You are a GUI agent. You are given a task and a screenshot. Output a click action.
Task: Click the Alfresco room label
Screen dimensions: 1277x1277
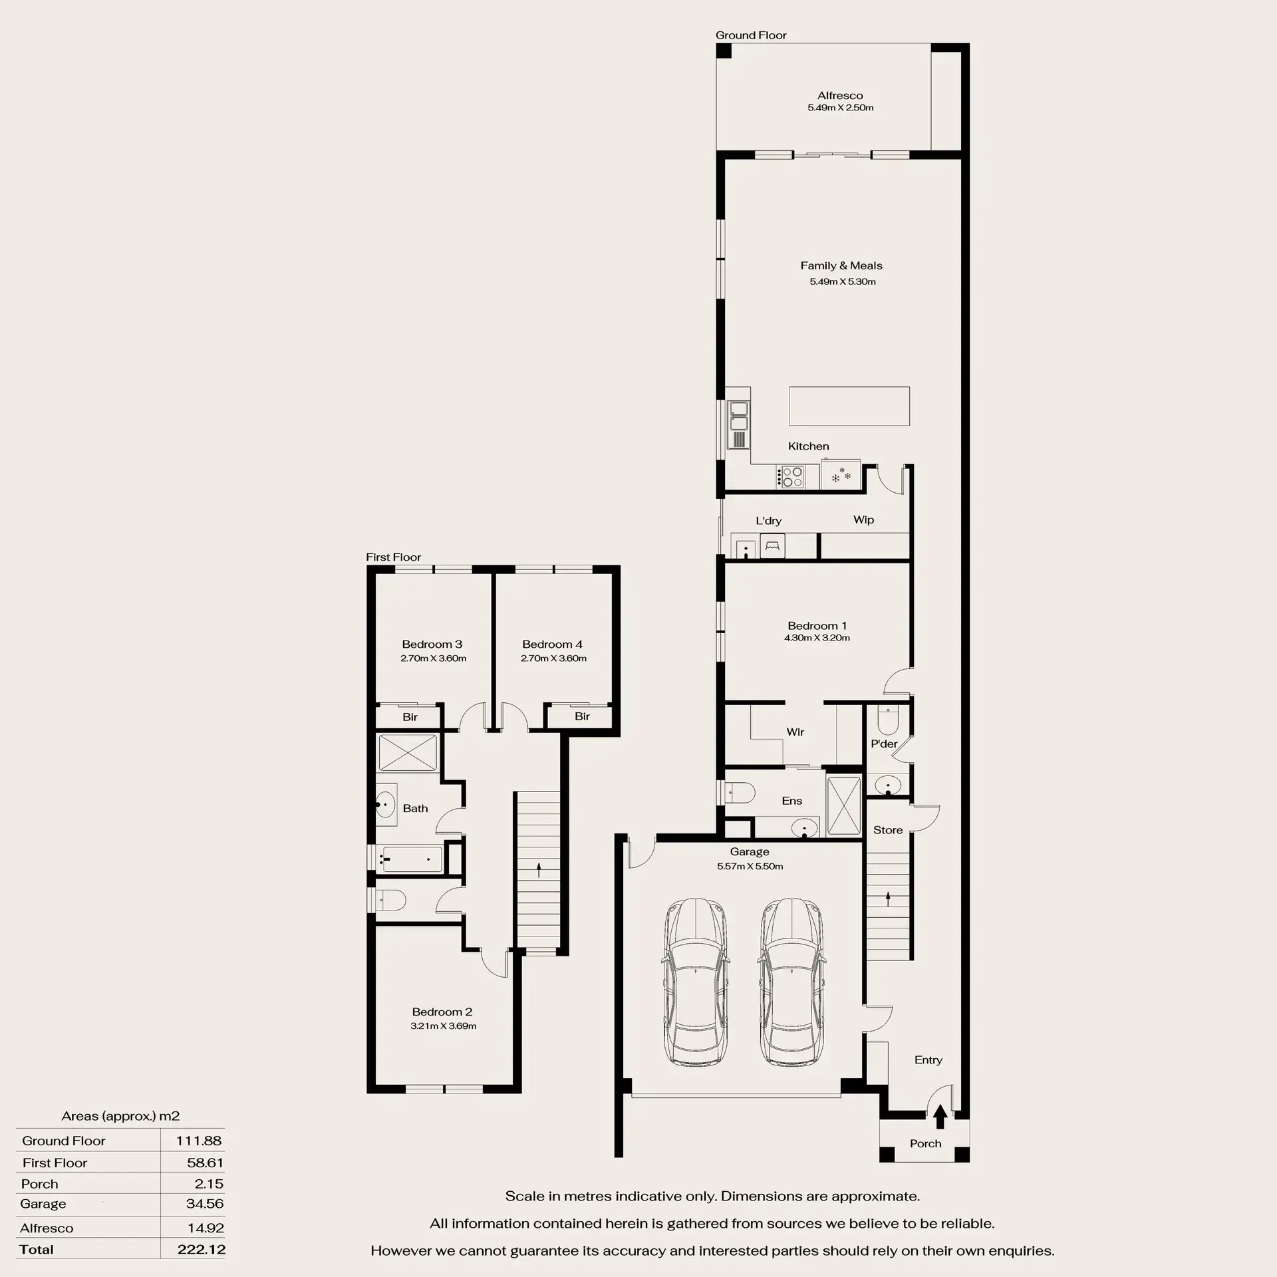click(840, 95)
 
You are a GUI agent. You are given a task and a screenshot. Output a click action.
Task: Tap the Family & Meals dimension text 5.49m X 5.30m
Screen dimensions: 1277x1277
click(842, 281)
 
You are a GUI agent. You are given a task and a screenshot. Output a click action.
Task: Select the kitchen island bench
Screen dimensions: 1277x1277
click(849, 406)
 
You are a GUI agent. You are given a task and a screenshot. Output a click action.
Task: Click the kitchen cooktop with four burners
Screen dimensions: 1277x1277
click(791, 477)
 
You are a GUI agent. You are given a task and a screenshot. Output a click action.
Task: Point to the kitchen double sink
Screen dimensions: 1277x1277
click(738, 416)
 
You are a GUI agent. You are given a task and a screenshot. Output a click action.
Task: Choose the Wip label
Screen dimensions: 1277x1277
click(863, 519)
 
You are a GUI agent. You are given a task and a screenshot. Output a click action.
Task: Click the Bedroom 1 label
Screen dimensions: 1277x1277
click(817, 625)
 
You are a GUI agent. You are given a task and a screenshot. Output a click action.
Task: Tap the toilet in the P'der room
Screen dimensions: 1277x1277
click(888, 718)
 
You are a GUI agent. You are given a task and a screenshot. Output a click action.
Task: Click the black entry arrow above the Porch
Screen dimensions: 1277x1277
click(940, 1117)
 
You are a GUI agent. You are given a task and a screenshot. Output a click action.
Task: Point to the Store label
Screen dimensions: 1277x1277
click(888, 830)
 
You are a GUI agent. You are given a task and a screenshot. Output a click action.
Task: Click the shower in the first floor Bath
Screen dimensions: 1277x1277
click(408, 752)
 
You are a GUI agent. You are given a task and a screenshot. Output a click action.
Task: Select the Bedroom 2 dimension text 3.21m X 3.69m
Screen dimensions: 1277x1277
click(443, 1026)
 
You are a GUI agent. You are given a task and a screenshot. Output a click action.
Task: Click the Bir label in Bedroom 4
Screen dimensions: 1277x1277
click(582, 716)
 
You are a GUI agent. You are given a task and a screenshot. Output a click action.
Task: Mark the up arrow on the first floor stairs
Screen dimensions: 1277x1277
click(539, 869)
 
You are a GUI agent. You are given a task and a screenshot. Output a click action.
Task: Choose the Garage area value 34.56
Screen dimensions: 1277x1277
click(205, 1203)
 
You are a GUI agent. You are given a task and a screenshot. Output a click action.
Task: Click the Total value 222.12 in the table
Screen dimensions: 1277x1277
click(202, 1249)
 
